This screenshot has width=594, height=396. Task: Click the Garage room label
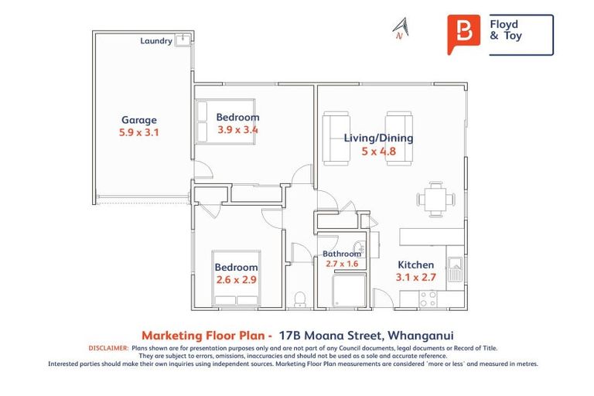click(139, 120)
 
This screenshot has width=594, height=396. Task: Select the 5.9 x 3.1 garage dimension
click(139, 132)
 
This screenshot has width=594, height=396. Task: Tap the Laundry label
click(156, 41)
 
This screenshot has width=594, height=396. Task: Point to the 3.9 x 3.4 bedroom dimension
click(237, 130)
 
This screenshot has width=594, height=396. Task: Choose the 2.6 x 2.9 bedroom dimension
click(236, 279)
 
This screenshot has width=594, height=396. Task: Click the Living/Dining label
click(378, 138)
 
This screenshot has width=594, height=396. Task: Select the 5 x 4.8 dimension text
click(378, 152)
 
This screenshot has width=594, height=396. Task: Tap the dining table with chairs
click(435, 198)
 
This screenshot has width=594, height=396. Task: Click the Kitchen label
click(416, 265)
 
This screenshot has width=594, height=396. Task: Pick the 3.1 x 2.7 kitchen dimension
click(416, 277)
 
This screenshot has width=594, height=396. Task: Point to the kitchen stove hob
click(428, 297)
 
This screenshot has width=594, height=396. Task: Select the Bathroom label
click(341, 254)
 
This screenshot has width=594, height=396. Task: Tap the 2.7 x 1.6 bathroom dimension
click(341, 264)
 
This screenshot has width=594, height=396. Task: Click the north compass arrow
click(401, 29)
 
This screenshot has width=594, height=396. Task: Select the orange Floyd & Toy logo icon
click(463, 34)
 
